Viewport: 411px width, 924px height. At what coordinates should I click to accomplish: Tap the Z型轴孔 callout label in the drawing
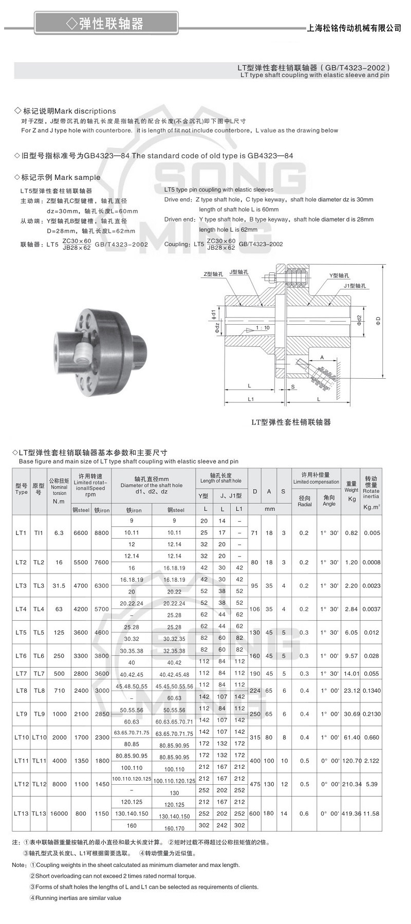point(213,274)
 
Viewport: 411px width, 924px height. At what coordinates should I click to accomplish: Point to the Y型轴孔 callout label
point(339,276)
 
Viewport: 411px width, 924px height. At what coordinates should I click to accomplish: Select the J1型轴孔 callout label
point(354,286)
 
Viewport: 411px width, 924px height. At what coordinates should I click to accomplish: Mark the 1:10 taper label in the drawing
point(263,328)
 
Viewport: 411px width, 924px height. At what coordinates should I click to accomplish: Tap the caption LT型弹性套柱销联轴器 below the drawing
point(291,422)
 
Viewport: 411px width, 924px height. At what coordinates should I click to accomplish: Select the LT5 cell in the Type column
point(21,633)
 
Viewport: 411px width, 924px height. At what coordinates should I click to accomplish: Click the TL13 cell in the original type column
point(39,814)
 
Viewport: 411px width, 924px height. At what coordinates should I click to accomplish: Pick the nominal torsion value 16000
point(59,814)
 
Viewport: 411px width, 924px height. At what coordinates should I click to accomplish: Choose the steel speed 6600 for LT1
point(81,533)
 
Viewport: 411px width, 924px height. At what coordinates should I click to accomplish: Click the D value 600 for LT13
point(255,814)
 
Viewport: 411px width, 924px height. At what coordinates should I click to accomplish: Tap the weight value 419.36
point(351,814)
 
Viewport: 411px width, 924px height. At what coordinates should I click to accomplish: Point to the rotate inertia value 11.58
point(371,814)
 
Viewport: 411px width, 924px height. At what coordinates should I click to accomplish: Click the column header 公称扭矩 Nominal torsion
point(59,491)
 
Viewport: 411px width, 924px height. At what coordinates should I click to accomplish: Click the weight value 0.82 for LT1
point(351,533)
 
